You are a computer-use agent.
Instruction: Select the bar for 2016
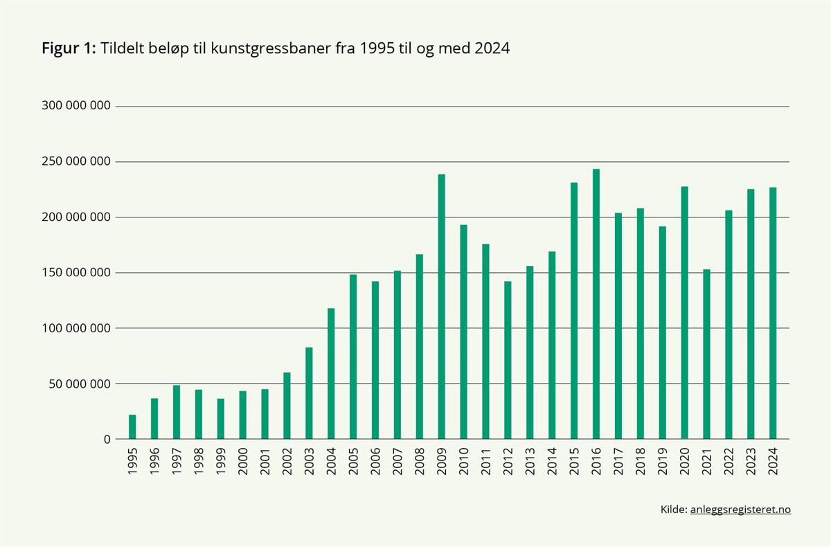tap(596, 304)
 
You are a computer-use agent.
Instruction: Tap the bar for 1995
tap(132, 427)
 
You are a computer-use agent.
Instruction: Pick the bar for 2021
tap(707, 354)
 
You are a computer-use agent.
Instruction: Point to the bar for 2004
tap(331, 373)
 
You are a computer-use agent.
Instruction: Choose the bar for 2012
tap(508, 360)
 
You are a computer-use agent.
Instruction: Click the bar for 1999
tap(221, 419)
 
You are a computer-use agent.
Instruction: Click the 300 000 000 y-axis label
tap(76, 107)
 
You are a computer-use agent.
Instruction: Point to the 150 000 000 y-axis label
tap(76, 273)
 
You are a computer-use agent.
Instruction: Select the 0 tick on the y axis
tap(107, 439)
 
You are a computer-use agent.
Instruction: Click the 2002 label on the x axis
tap(287, 462)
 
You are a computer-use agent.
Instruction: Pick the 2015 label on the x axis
tap(575, 462)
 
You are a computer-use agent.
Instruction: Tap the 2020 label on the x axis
tap(685, 462)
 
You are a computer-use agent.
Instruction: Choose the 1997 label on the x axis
tap(177, 462)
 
